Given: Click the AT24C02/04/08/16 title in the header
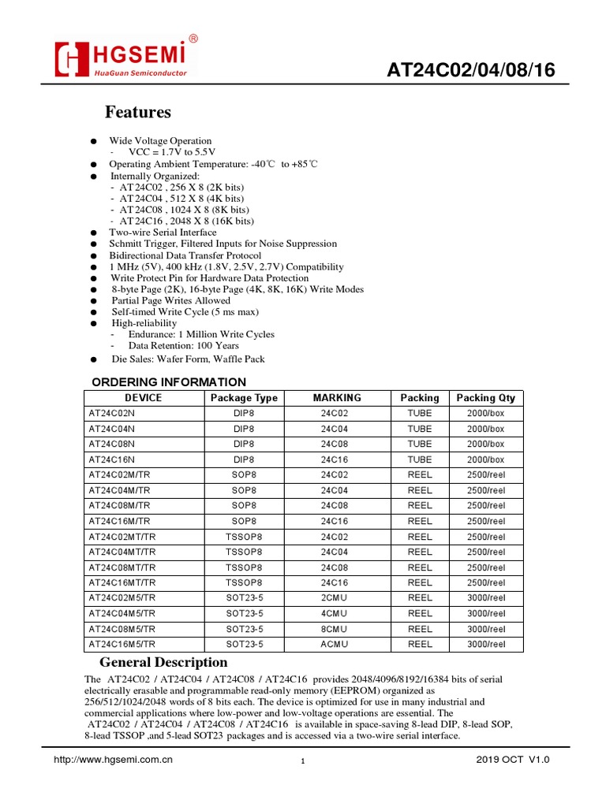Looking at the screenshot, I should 470,71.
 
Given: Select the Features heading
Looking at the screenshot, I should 138,112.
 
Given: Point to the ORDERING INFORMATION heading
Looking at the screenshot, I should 163,382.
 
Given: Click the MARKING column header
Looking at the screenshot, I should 337,398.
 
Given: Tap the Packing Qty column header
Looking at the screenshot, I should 485,398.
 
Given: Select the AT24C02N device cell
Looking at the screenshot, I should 111,414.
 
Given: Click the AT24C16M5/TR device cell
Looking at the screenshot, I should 122,644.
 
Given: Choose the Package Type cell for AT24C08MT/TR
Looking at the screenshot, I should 244,567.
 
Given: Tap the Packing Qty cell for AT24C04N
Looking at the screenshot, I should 485,429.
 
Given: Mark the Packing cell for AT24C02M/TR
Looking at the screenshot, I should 420,475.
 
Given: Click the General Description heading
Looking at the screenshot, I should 163,663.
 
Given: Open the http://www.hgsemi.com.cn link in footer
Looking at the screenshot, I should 112,760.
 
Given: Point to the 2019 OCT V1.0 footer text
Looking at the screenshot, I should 512,760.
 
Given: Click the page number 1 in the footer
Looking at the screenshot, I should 302,761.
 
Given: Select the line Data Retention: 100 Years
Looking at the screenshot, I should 183,345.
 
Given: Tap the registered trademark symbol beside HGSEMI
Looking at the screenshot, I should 193,39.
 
